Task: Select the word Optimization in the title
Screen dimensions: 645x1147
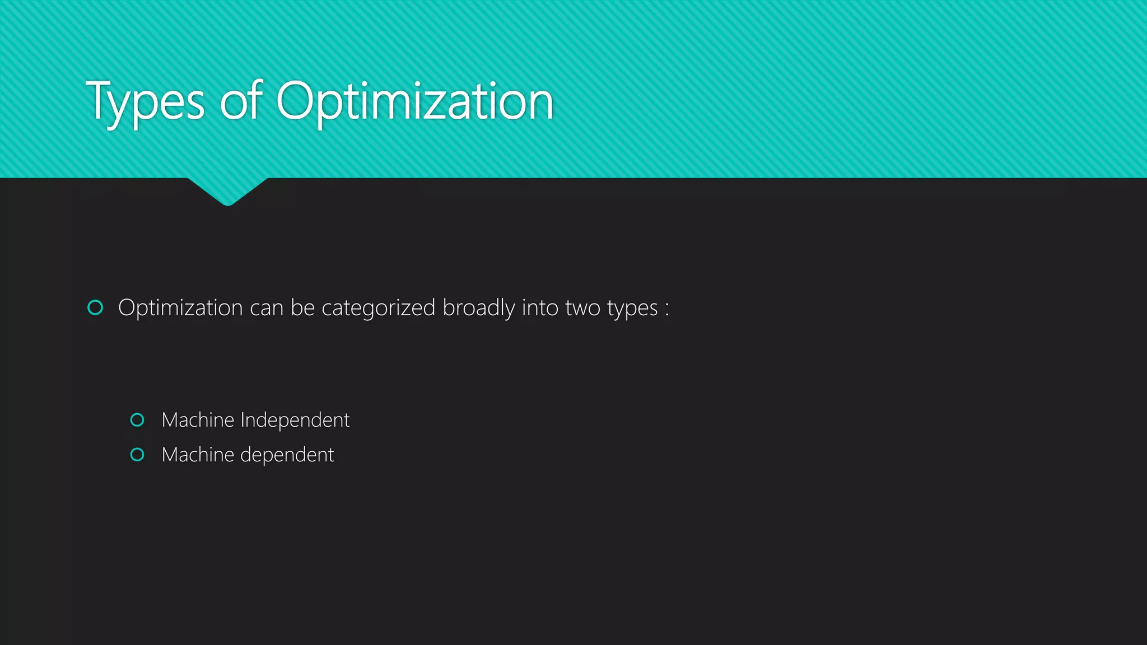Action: [414, 102]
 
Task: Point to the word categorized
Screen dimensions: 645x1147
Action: [378, 308]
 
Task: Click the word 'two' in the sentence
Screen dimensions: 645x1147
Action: [582, 308]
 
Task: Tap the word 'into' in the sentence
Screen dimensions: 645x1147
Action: [539, 308]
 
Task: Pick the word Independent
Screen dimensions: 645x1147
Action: [295, 420]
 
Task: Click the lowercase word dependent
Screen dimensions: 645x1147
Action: [287, 455]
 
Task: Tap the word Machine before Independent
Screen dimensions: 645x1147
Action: [198, 420]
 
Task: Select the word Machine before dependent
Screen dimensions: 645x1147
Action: [198, 455]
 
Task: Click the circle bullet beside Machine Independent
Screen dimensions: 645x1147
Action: [137, 420]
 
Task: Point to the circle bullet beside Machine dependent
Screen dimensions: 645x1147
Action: [137, 455]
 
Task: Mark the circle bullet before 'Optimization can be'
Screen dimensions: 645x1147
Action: [96, 307]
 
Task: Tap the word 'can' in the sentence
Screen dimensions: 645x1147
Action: [267, 309]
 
